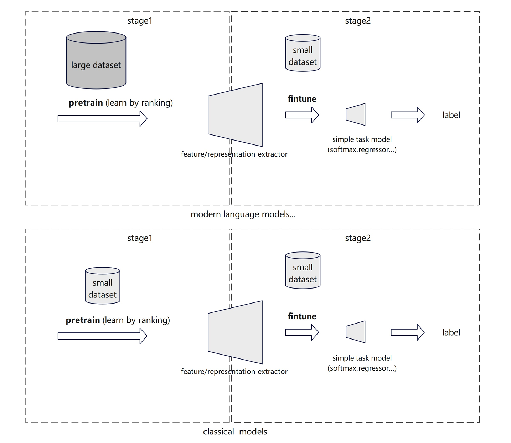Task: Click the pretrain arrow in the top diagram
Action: point(102,118)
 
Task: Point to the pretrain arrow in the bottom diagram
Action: point(102,336)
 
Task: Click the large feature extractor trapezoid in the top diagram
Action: point(235,115)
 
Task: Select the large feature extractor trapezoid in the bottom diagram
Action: point(235,332)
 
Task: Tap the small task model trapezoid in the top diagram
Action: point(356,114)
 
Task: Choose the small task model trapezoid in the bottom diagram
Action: point(356,332)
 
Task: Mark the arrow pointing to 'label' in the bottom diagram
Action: point(407,332)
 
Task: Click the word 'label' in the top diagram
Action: point(451,115)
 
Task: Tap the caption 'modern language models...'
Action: point(243,214)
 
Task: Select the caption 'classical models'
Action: point(235,432)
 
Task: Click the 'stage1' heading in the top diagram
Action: point(140,21)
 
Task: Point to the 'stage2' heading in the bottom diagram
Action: point(358,238)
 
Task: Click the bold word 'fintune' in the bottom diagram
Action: point(302,316)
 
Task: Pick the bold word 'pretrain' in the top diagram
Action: point(86,103)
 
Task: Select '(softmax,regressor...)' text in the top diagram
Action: point(362,150)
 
